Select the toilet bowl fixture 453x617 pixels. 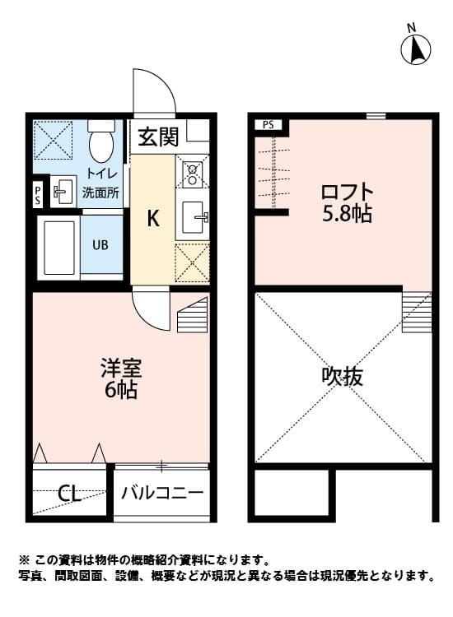pyautogui.click(x=101, y=143)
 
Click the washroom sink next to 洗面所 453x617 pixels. pyautogui.click(x=61, y=193)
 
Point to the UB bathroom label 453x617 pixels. pyautogui.click(x=100, y=244)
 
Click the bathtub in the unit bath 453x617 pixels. pyautogui.click(x=58, y=246)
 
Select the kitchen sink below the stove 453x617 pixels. pyautogui.click(x=195, y=218)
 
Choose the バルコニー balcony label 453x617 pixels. pyautogui.click(x=162, y=494)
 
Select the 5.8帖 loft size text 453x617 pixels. pyautogui.click(x=345, y=215)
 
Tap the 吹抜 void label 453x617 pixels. pyautogui.click(x=342, y=378)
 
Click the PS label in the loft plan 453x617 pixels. pyautogui.click(x=268, y=125)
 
